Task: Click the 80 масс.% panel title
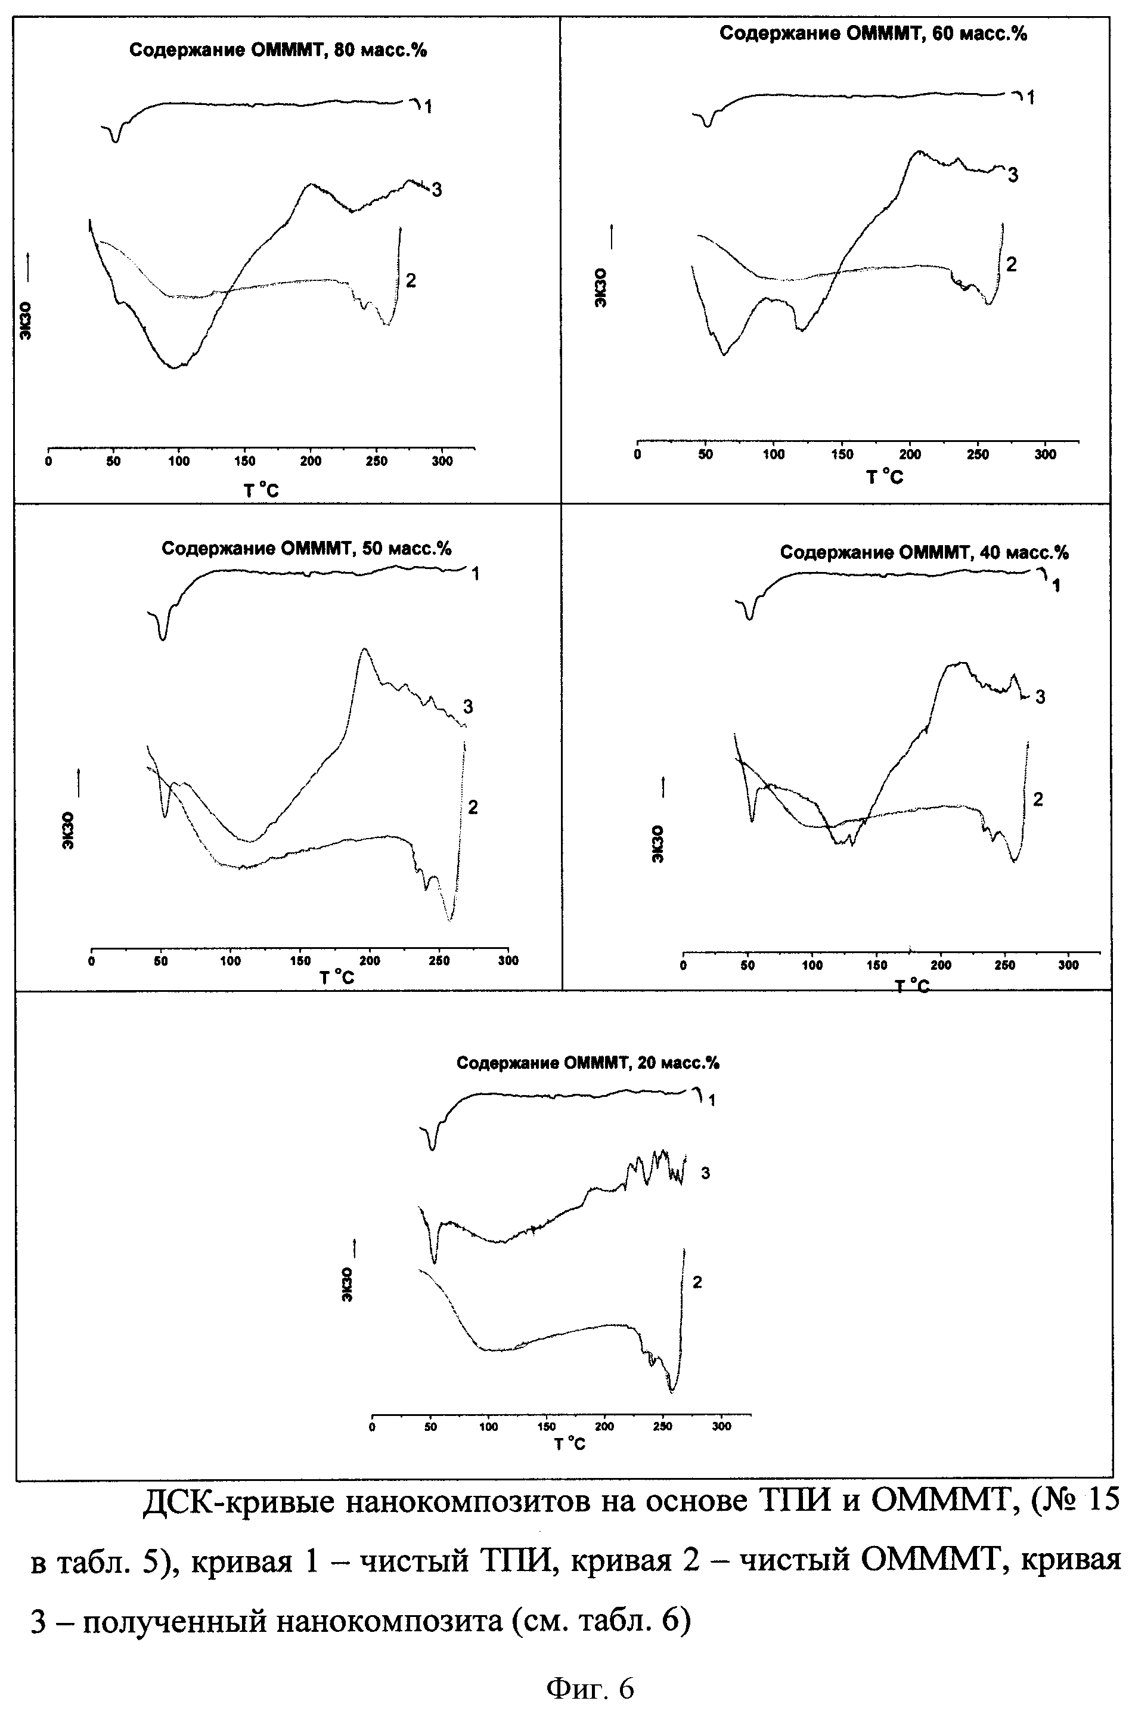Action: coord(278,51)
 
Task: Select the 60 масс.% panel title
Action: coord(873,34)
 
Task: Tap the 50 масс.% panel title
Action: coord(306,548)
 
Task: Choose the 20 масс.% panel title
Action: coord(588,1063)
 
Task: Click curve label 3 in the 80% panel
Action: coord(436,190)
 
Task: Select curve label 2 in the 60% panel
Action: coord(1011,264)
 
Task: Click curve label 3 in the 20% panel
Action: coord(705,1173)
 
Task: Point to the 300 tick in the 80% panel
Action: coord(442,462)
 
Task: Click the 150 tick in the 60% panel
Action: coord(842,454)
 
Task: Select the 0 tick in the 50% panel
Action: coord(91,960)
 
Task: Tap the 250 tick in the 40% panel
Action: coord(1004,965)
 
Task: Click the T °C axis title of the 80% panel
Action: coord(260,491)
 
